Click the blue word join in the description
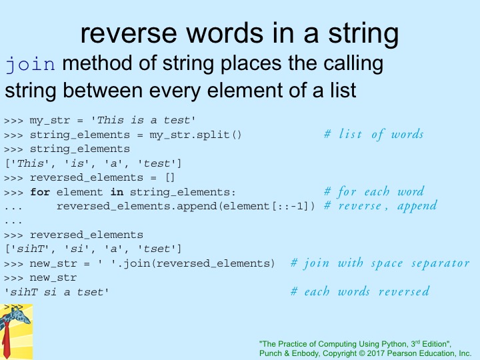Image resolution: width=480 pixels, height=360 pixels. (x=30, y=64)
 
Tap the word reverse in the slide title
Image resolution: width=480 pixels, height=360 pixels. (x=129, y=33)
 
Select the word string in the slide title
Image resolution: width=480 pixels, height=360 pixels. (x=363, y=35)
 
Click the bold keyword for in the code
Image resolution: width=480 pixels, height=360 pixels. (x=40, y=192)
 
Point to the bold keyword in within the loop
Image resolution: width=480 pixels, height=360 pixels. (x=117, y=192)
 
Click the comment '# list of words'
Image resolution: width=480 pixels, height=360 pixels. (x=374, y=134)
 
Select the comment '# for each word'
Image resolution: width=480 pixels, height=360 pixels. (x=374, y=191)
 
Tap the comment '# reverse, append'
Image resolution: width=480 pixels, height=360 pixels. (x=381, y=206)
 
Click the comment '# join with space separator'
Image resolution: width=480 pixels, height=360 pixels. (x=380, y=263)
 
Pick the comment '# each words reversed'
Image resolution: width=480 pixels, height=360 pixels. (x=360, y=291)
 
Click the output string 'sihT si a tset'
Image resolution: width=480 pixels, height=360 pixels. (x=56, y=292)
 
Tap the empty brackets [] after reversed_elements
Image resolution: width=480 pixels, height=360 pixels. (x=170, y=177)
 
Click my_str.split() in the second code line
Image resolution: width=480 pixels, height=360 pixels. (x=195, y=135)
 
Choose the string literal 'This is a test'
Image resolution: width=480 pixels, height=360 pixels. (x=143, y=120)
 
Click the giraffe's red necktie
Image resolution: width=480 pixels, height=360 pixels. (x=6, y=340)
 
